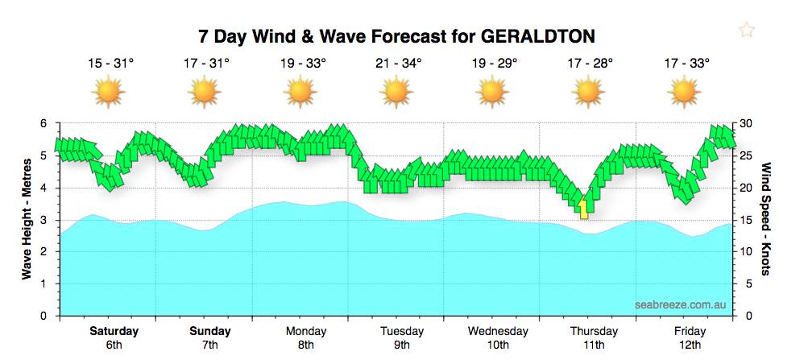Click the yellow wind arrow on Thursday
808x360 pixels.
coord(583,209)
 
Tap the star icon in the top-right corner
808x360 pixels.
coord(747,31)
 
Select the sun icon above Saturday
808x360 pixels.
coord(109,92)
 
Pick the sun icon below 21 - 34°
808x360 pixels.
coord(396,92)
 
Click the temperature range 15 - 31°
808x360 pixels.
coord(109,63)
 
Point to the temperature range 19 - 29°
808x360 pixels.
coord(494,63)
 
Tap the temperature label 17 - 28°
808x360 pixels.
coord(590,63)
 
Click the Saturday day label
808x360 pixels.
coord(114,331)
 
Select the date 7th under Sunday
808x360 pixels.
coord(209,345)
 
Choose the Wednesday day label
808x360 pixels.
coord(498,331)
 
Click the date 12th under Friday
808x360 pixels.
coord(690,345)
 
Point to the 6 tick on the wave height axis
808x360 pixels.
coord(44,123)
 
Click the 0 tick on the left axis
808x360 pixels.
coord(44,316)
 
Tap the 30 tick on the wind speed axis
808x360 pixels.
coord(747,123)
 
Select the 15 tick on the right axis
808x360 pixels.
coord(747,220)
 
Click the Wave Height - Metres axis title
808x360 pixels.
coord(27,219)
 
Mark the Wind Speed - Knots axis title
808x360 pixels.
coord(766,219)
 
